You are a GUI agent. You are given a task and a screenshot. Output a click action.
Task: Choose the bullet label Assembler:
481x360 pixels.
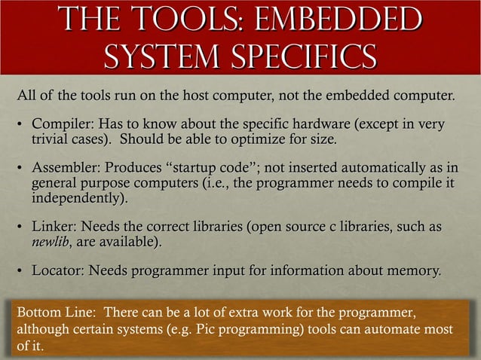tap(66, 167)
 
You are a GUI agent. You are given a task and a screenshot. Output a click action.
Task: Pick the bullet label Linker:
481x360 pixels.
tap(54, 227)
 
